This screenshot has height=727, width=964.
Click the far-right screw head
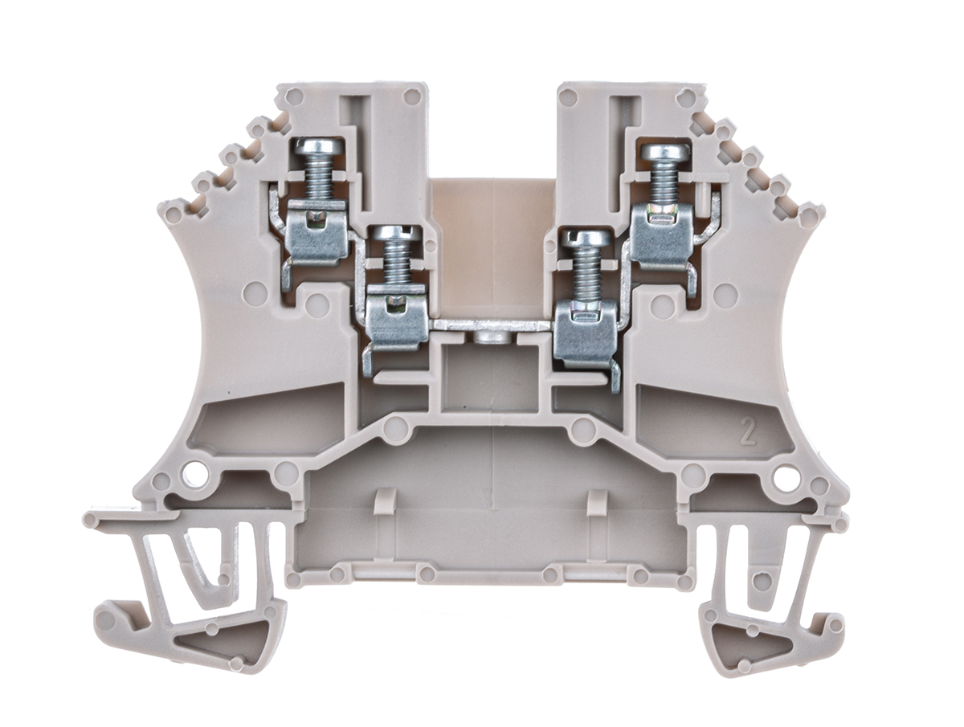pos(662,153)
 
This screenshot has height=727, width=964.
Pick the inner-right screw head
pos(590,238)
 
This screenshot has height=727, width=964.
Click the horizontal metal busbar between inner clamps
pos(492,325)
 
